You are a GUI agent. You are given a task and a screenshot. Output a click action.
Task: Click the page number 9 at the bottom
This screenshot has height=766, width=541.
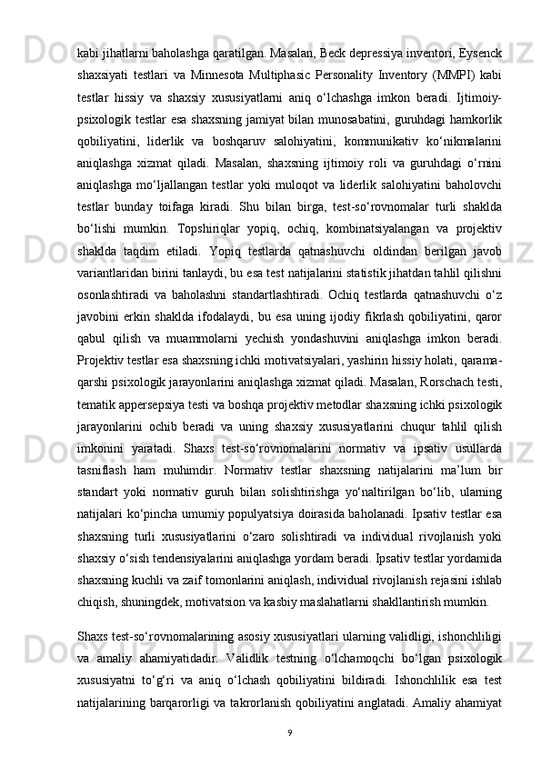287,731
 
